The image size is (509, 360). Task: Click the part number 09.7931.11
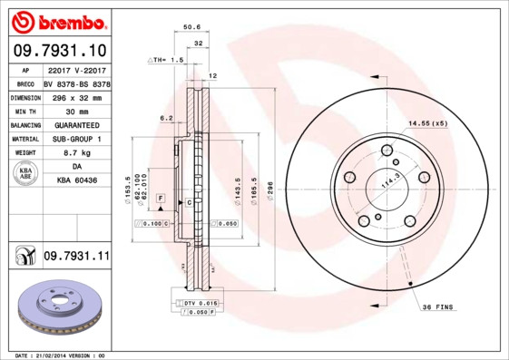pos(76,258)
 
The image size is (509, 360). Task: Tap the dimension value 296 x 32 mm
pos(77,95)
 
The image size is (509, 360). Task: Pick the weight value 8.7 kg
pos(77,153)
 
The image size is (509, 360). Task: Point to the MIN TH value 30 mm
pos(77,110)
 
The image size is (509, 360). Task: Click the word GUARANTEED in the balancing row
pos(77,124)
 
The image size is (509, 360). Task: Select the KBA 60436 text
pos(77,181)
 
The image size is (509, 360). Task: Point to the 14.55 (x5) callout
pos(427,122)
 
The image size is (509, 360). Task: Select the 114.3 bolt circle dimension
pos(392,180)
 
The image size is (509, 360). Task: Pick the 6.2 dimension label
pos(166,118)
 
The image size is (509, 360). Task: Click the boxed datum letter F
pos(160,197)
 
